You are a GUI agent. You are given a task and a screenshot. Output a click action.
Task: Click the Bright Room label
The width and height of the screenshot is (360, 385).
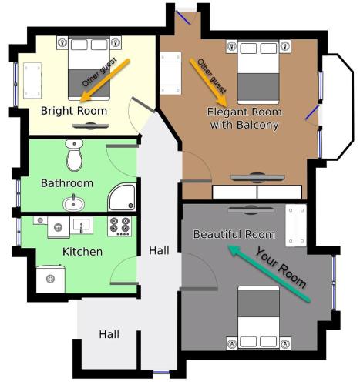pos(74,111)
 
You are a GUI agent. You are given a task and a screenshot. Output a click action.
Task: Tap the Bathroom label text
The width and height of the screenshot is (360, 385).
pos(67,183)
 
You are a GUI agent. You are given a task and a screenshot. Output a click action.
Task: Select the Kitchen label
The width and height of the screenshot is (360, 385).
pos(82,252)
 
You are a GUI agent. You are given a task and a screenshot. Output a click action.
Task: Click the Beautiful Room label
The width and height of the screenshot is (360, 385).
pos(234,234)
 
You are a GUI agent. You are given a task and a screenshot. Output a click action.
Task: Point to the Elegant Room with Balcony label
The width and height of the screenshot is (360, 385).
pos(244,119)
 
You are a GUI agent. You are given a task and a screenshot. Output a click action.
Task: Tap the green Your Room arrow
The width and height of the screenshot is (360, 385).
pos(269,273)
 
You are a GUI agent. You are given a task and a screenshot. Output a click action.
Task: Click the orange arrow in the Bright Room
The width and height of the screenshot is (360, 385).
pos(105,80)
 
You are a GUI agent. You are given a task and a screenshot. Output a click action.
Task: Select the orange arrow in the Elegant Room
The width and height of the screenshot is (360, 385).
pos(209,82)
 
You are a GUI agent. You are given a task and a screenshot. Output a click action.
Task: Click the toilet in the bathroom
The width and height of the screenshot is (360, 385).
pos(74,155)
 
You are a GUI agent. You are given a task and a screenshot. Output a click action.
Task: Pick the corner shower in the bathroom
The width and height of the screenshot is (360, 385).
pos(122,197)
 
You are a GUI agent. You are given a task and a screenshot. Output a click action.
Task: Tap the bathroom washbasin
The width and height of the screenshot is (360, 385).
pos(74,203)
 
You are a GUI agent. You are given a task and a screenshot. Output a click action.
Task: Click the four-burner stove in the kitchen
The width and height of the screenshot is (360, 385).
pos(119,226)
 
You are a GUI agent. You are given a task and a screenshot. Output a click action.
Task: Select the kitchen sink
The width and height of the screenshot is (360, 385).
pos(82,225)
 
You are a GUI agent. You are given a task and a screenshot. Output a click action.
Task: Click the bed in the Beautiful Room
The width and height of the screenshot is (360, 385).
pos(258,318)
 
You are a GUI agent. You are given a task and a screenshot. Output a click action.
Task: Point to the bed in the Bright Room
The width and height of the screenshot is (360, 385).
pos(89,69)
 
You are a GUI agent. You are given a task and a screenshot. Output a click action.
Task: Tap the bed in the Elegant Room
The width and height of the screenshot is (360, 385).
pos(258,72)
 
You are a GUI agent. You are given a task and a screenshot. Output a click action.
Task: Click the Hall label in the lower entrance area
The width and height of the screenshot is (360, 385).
pos(109,334)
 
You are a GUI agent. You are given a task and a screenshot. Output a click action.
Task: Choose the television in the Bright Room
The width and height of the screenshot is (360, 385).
pos(91,126)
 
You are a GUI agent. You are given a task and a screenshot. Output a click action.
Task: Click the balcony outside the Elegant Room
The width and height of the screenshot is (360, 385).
pos(338,106)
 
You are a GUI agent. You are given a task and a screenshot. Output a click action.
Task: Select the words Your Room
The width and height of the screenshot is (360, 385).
pos(281,268)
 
